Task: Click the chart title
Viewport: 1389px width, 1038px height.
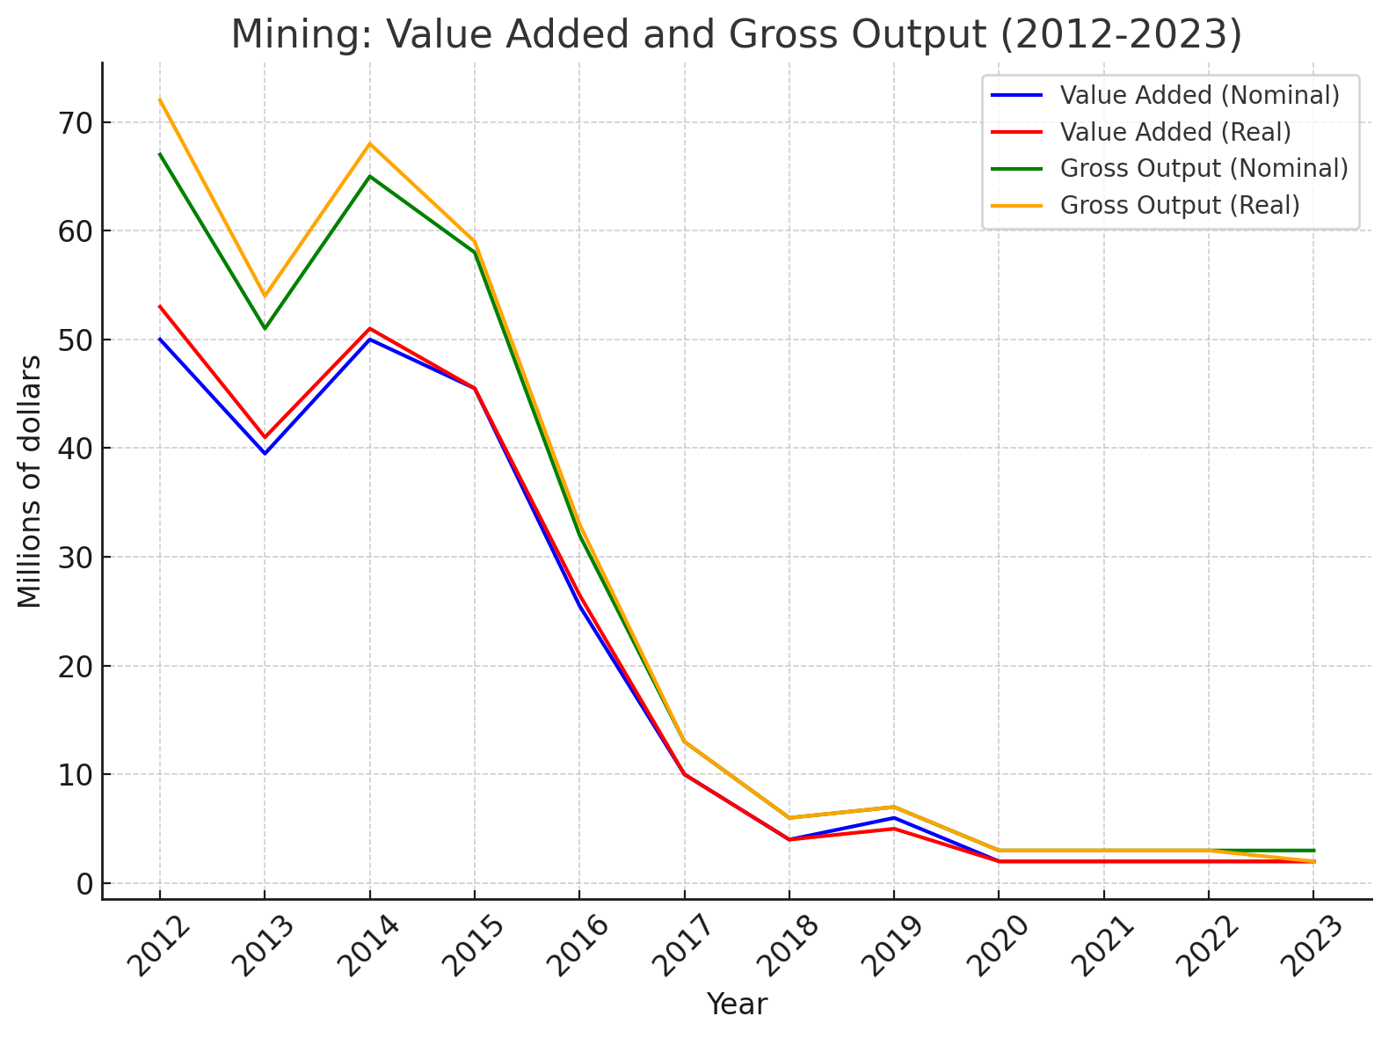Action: [737, 35]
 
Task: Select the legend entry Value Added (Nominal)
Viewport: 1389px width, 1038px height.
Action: [1199, 95]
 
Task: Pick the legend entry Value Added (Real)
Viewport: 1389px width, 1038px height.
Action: [1175, 132]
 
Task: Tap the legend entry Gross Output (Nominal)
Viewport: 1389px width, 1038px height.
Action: [1204, 168]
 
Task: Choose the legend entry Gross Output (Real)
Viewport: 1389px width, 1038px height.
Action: [1180, 205]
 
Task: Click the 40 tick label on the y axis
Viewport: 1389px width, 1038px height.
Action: [75, 449]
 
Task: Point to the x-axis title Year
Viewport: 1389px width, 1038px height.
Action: [737, 1005]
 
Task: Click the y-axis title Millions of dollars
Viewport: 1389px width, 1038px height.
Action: [30, 481]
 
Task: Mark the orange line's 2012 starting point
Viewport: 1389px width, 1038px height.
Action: [160, 99]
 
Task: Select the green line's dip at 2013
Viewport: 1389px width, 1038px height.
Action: [265, 328]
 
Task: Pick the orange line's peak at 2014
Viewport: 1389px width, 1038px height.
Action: [370, 143]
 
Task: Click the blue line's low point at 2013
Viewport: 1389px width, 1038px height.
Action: [265, 453]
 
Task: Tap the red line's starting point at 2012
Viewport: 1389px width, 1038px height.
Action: [160, 306]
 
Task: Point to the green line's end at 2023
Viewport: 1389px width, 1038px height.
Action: [1313, 851]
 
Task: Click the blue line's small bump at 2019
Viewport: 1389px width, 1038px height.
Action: [894, 818]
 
